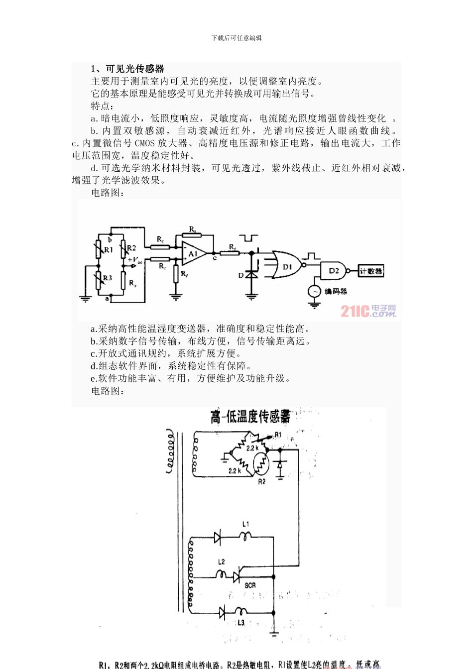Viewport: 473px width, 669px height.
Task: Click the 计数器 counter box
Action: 371,271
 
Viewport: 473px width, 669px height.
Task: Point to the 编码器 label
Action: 336,291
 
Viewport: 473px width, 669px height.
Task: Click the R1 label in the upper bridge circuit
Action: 109,249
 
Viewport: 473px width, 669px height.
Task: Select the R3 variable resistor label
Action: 108,278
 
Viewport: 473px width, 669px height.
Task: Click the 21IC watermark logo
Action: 368,311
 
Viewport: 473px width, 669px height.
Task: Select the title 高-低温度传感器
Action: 250,417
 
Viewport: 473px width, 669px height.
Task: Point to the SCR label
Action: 250,585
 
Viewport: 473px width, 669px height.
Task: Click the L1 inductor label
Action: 245,524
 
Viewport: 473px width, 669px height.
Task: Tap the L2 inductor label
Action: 222,561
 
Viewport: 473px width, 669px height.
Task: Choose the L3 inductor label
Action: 241,622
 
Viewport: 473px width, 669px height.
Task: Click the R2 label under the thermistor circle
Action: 262,481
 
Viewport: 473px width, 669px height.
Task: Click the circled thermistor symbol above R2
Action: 261,464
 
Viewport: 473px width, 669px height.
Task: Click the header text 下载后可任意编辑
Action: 236,38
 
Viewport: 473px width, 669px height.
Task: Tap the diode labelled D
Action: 251,274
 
